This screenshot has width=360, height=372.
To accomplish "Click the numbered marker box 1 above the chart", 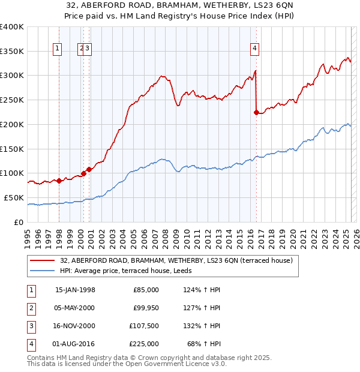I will (x=58, y=49).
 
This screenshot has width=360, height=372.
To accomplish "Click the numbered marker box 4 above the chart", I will (x=255, y=49).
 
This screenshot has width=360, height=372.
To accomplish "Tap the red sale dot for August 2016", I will (x=256, y=112).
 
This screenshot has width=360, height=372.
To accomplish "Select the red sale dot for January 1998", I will (x=59, y=181).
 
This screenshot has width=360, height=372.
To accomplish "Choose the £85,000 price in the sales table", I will (x=146, y=290).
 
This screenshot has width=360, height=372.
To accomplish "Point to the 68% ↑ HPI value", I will (x=205, y=344).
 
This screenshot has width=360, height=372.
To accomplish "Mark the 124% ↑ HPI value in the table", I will (x=199, y=290).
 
